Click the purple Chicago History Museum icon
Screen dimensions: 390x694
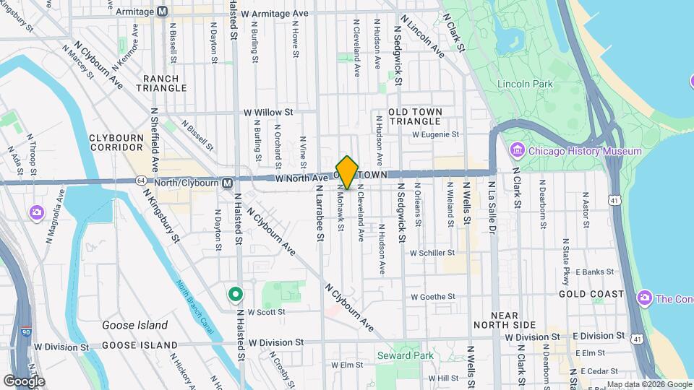point(517,151)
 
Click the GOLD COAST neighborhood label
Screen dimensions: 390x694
point(591,294)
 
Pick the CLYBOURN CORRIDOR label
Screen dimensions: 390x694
point(119,142)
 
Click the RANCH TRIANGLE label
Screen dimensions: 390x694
point(161,83)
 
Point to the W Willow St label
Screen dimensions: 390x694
point(267,113)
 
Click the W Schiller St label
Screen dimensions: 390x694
point(432,253)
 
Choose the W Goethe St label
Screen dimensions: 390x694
point(432,296)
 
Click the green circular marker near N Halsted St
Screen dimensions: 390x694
point(235,294)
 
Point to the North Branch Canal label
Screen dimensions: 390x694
point(194,306)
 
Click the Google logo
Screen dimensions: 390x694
point(24,381)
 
